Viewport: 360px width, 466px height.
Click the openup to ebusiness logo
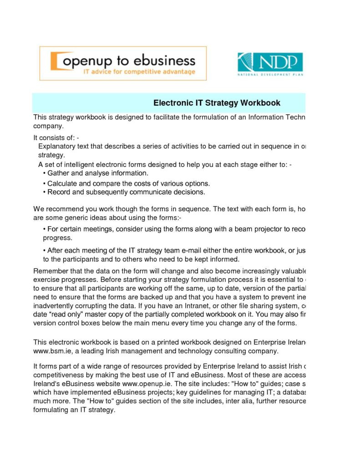(x=123, y=63)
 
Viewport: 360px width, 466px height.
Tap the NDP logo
(x=269, y=64)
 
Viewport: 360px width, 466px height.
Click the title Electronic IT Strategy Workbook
(x=217, y=103)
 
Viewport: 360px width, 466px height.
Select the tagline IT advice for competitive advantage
(x=139, y=72)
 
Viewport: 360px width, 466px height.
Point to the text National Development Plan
(x=270, y=74)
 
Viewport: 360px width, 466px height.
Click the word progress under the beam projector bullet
(x=57, y=238)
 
